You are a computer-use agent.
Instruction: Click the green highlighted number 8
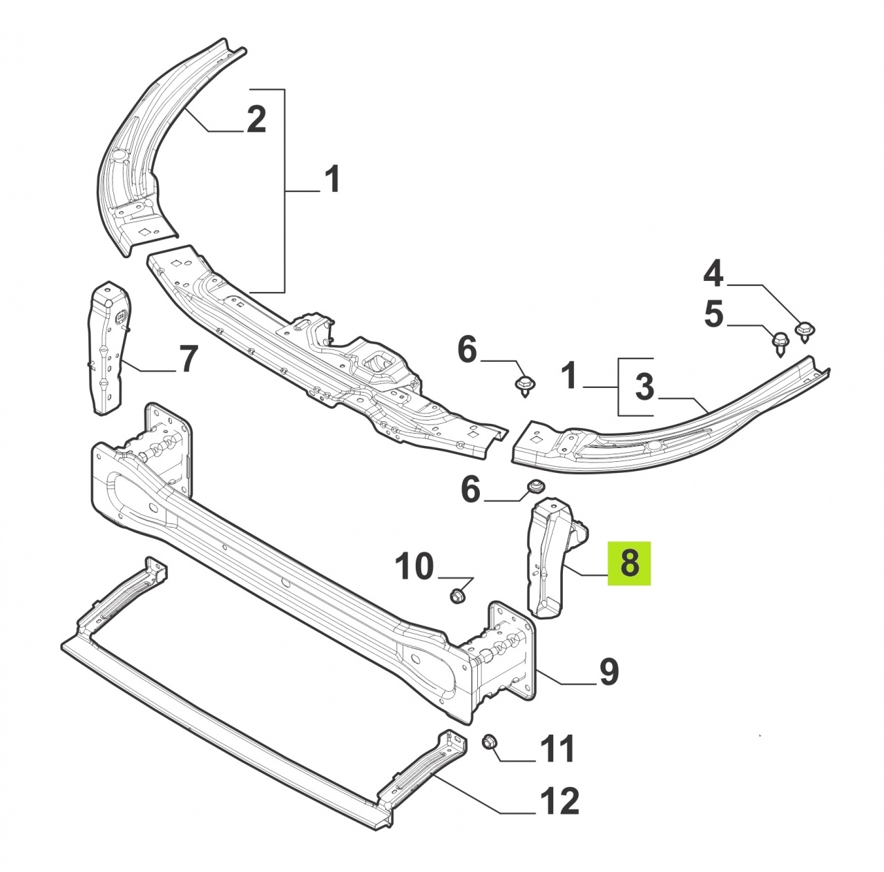pyautogui.click(x=629, y=563)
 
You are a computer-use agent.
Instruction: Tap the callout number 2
pyautogui.click(x=256, y=119)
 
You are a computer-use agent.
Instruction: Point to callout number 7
pyautogui.click(x=187, y=359)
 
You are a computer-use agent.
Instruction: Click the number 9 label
pyautogui.click(x=608, y=672)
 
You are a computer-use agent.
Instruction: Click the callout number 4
pyautogui.click(x=713, y=274)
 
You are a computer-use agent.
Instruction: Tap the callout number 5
pyautogui.click(x=713, y=314)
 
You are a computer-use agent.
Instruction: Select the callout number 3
pyautogui.click(x=644, y=386)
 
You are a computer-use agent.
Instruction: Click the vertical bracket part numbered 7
pyautogui.click(x=108, y=348)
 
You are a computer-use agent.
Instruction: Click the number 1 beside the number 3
pyautogui.click(x=570, y=374)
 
